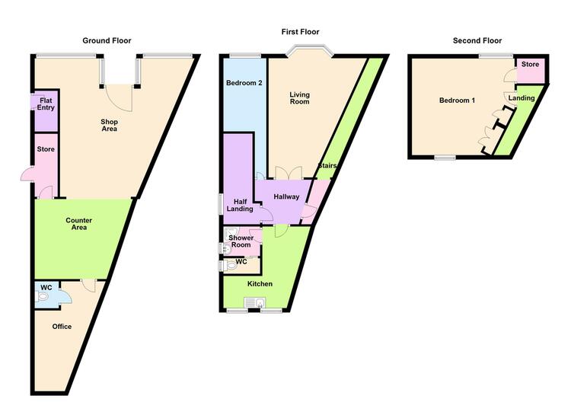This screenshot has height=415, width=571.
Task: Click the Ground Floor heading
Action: point(107,40)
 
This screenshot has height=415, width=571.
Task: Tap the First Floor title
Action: point(300,32)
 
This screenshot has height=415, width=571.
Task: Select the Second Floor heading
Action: point(477,40)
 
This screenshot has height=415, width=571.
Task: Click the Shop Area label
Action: point(109,125)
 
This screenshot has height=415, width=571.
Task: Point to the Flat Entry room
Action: point(46,110)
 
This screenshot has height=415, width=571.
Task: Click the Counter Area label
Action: point(78,224)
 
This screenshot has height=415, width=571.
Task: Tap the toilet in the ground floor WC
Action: point(43,296)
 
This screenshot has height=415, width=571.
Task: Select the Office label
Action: point(62,327)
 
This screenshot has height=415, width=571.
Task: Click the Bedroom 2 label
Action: point(244,83)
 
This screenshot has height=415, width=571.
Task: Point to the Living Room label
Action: point(299,98)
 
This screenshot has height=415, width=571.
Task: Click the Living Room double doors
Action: point(289,172)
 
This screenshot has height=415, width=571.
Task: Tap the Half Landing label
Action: point(240,205)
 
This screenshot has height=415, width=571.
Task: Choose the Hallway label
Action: point(286,196)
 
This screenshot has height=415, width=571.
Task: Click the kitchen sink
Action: point(255,303)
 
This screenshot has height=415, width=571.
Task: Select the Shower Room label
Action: point(241,241)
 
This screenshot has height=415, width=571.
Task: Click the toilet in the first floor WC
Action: point(228,266)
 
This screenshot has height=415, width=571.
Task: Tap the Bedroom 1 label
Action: point(457,101)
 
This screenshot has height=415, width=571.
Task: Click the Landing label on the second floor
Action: point(522,98)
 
